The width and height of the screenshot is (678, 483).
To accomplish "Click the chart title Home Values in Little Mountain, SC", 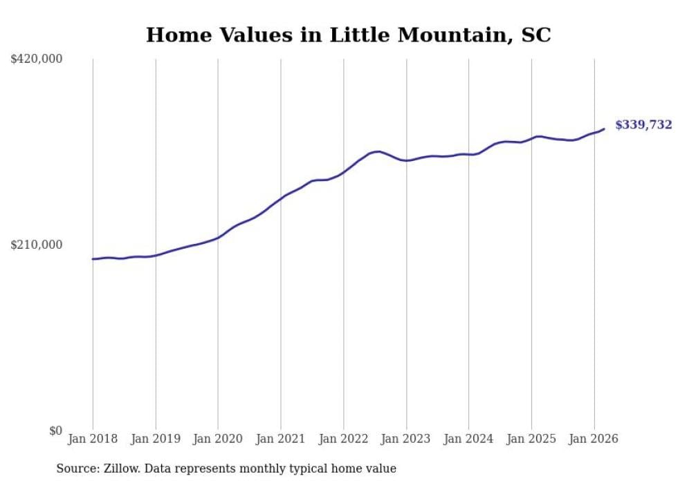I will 348,35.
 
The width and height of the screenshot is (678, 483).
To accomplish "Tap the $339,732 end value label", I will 643,125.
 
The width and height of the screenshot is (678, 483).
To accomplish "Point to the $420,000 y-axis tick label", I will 37,59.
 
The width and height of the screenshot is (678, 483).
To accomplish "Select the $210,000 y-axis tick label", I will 37,245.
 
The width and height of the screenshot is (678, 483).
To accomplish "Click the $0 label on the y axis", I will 55,431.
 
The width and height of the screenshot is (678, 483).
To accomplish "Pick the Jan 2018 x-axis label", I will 93,439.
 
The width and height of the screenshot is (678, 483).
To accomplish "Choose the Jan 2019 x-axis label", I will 156,439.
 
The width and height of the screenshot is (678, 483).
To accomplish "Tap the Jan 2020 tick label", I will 218,439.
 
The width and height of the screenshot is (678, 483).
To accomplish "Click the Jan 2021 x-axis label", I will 281,439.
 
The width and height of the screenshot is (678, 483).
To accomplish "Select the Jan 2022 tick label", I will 344,439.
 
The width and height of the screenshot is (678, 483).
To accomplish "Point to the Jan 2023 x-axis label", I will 406,439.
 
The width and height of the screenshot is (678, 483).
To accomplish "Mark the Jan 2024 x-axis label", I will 469,439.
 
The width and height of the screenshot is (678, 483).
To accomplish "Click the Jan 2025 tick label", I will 531,439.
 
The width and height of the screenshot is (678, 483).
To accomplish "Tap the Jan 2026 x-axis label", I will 594,439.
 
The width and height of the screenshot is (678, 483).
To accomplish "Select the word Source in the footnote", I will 77,468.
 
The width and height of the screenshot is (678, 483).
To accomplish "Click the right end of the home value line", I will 604,129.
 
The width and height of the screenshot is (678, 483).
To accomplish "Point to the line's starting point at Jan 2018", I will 93,259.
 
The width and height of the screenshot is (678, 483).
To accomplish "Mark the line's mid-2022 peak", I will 378,151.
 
